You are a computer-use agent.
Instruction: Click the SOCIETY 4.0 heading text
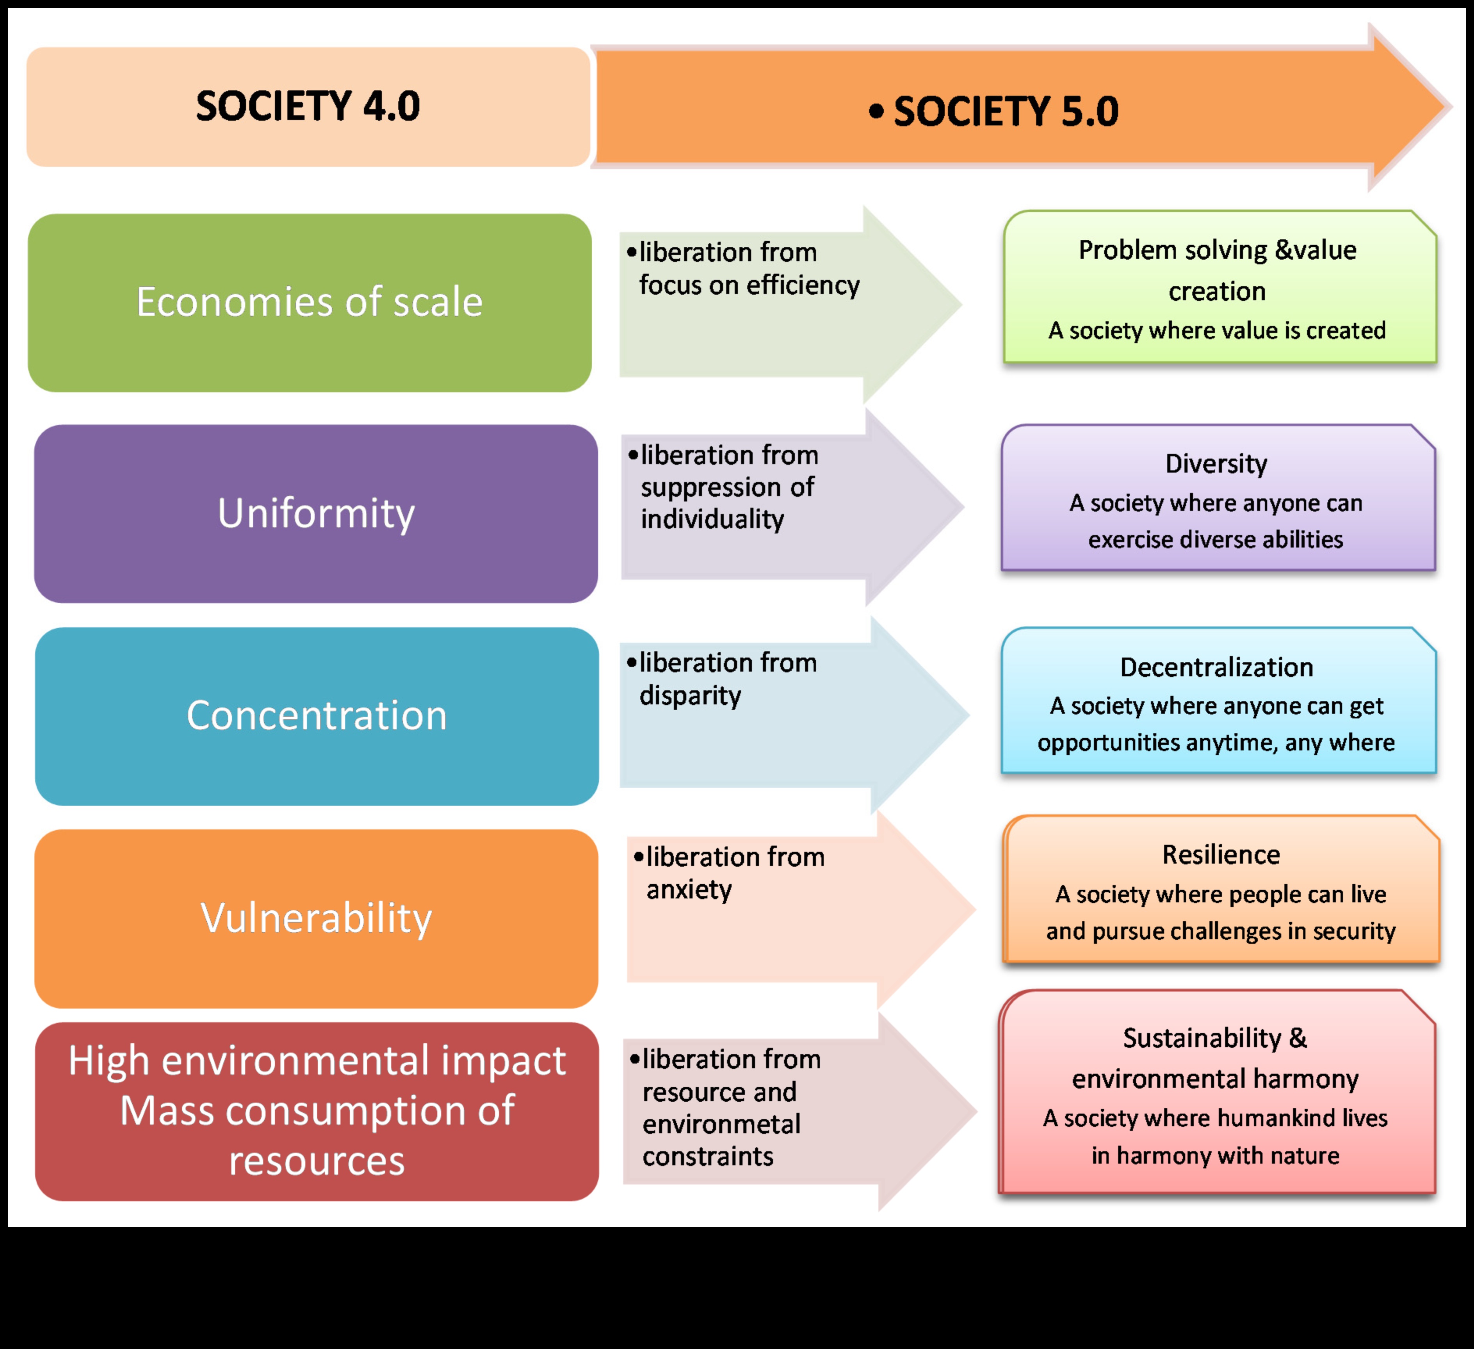[x=308, y=106]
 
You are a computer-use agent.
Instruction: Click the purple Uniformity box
[x=316, y=513]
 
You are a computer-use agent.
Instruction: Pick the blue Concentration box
[x=317, y=716]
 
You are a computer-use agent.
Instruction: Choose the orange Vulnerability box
[x=316, y=918]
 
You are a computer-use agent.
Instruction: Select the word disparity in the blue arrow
[x=690, y=695]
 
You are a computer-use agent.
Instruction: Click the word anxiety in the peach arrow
[x=689, y=890]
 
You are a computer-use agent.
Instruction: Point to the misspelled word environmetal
[x=721, y=1124]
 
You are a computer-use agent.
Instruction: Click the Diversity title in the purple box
[x=1216, y=463]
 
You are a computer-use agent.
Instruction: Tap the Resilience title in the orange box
[x=1221, y=855]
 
